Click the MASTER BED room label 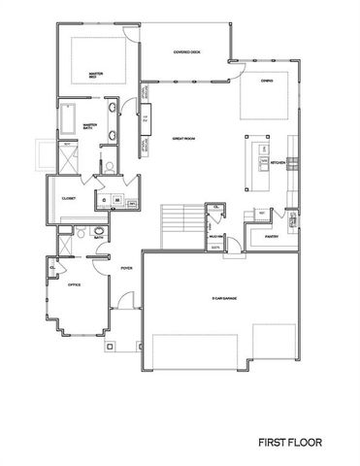[x=96, y=73]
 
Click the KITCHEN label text [x=278, y=162]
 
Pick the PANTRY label [x=271, y=234]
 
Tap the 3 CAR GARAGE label [x=225, y=297]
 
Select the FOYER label [x=126, y=267]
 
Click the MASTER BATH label [x=89, y=126]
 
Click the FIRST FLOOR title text [x=289, y=442]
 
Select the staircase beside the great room [x=175, y=222]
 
